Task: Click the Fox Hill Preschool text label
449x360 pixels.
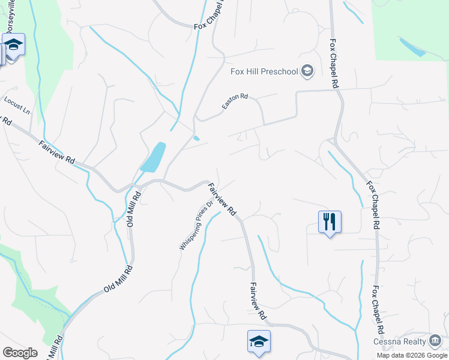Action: (264, 72)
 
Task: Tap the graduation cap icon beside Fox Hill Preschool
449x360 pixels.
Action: (307, 72)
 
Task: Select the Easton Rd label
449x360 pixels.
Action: (235, 101)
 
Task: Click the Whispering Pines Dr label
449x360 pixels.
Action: (196, 225)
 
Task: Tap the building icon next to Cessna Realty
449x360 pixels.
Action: (435, 341)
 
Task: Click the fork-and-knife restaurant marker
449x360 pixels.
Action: (330, 221)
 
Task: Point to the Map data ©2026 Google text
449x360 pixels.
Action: (412, 355)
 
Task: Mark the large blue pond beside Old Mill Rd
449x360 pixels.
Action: (153, 157)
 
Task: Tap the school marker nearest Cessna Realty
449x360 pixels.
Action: (259, 341)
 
